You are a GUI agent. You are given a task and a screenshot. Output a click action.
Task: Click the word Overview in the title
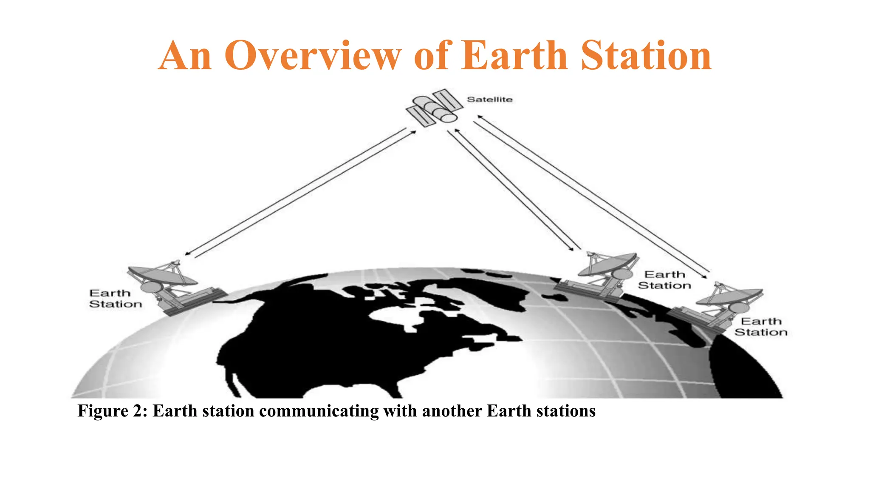pyautogui.click(x=313, y=56)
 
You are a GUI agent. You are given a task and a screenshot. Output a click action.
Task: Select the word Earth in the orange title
pyautogui.click(x=514, y=56)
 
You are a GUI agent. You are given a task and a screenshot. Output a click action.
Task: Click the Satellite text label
pyautogui.click(x=489, y=100)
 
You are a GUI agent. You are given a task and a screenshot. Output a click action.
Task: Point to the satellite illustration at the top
pyautogui.click(x=434, y=107)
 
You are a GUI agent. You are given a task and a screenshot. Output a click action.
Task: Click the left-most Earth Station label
pyautogui.click(x=115, y=299)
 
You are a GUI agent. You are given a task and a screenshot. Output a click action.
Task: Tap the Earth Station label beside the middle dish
pyautogui.click(x=664, y=280)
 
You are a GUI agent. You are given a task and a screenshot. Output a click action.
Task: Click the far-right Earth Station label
pyautogui.click(x=760, y=327)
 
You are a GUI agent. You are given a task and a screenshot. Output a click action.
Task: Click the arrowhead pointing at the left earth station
pyautogui.click(x=187, y=254)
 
